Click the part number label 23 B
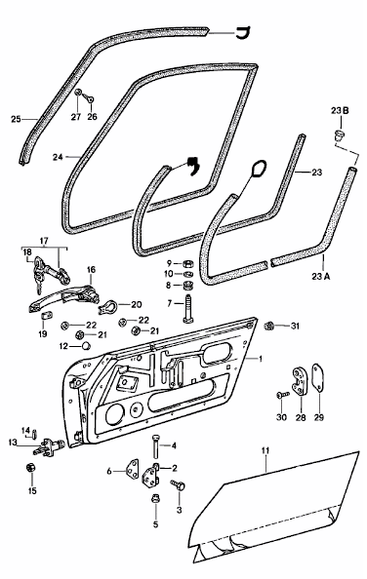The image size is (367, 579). point(340,111)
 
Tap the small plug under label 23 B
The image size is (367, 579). point(340,135)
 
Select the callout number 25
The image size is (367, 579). point(16,119)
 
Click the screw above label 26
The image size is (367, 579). point(88,97)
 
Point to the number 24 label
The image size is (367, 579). point(58,157)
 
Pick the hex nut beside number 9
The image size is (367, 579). point(187,263)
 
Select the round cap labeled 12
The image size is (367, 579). point(86,346)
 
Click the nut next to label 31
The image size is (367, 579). point(269,326)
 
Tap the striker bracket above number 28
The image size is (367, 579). point(300,381)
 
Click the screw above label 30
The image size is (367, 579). point(282,395)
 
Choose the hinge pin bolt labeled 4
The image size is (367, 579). point(155,446)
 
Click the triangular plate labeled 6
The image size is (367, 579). point(133,469)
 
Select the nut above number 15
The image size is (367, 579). point(31,468)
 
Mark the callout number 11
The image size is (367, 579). point(265,450)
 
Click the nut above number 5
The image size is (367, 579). point(155,499)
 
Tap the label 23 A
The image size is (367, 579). point(320,276)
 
